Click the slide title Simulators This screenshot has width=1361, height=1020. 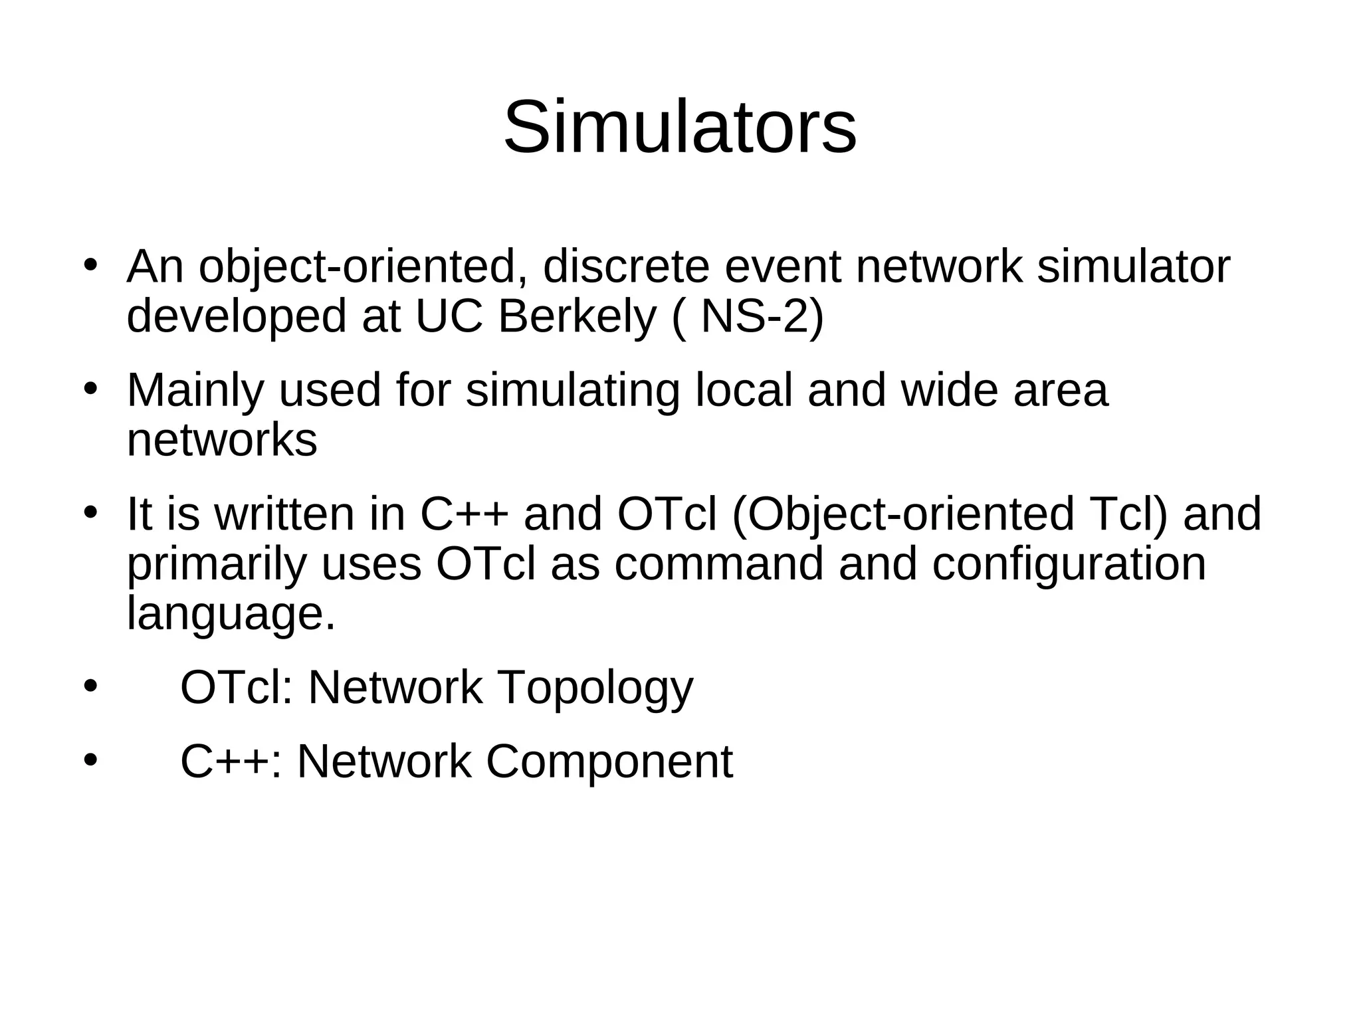pos(680,127)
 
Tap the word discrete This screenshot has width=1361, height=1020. pos(626,267)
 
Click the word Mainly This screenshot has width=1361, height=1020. pos(195,391)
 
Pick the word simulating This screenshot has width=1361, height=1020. pos(573,391)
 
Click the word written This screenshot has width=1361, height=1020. pos(284,514)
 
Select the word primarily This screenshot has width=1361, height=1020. pos(217,565)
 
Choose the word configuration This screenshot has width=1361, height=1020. pos(1069,565)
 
